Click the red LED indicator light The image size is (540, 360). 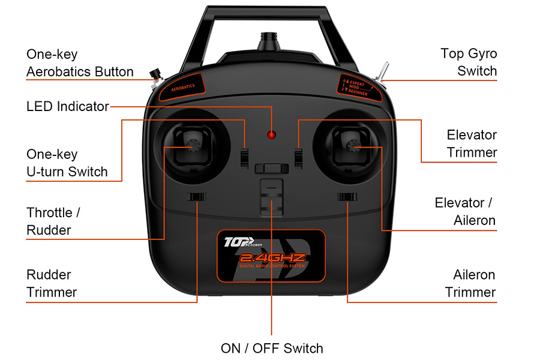(272, 133)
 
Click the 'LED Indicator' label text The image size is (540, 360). (67, 107)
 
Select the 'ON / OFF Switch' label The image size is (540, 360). (272, 348)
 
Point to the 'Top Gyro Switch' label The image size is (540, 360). (469, 62)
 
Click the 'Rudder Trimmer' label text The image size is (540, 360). (52, 283)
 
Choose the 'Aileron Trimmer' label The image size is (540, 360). (470, 283)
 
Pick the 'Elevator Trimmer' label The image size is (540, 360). (472, 143)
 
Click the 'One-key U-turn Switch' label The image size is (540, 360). (67, 163)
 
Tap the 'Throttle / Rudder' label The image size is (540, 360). (53, 221)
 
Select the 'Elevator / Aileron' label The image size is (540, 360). (466, 211)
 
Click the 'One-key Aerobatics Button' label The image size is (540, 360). (80, 63)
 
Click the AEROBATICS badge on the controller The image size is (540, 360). (182, 86)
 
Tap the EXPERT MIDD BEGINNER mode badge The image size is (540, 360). (358, 85)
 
